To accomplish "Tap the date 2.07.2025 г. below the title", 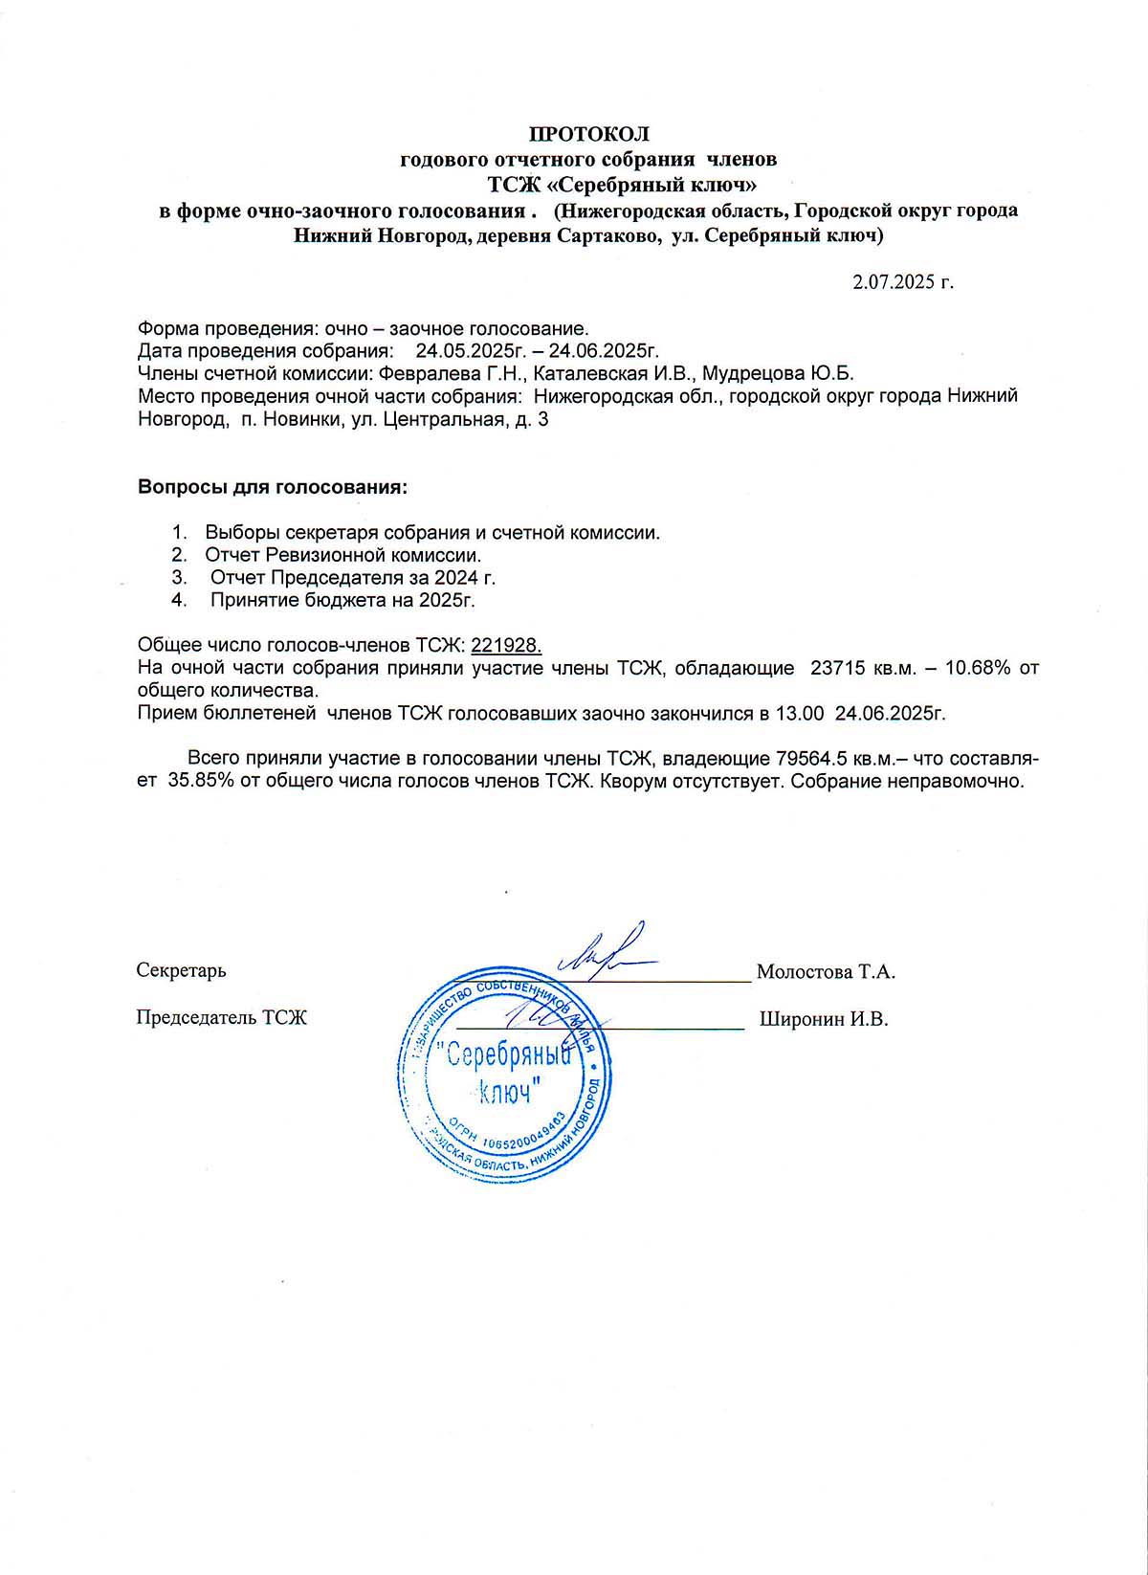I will coord(903,282).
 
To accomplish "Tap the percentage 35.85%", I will coord(202,782).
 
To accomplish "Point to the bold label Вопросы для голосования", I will coord(273,487).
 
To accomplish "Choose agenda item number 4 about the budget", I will coord(342,601).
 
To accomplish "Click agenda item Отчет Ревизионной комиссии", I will coord(342,555).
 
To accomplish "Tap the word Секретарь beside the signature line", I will coord(182,970).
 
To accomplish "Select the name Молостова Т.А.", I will coord(826,972).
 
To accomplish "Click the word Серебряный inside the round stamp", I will coord(511,1056).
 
